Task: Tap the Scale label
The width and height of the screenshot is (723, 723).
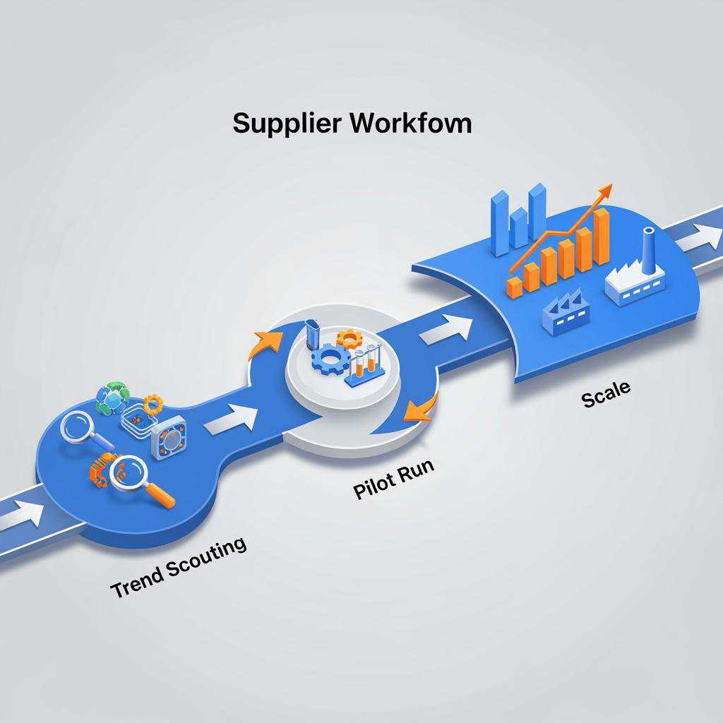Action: [x=607, y=394]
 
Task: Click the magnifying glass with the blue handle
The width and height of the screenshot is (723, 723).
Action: [x=85, y=430]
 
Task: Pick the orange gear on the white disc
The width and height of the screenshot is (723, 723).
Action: [x=349, y=338]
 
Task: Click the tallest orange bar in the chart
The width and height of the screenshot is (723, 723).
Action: [x=602, y=236]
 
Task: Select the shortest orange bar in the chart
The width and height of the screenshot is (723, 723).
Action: [x=515, y=287]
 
